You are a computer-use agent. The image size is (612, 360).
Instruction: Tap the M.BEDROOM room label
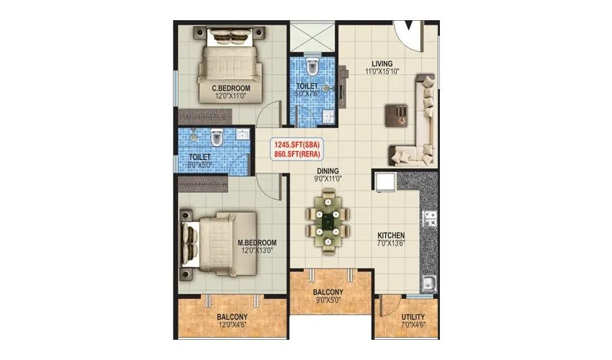click(x=257, y=243)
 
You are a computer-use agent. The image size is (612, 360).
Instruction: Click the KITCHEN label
click(x=391, y=235)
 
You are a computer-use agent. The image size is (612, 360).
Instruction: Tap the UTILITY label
click(x=413, y=318)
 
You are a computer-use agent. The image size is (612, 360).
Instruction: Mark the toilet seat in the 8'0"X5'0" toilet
click(x=216, y=136)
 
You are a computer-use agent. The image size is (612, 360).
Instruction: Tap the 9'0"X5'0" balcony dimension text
click(x=328, y=302)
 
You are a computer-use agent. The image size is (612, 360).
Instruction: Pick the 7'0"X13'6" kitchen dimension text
click(x=391, y=245)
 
